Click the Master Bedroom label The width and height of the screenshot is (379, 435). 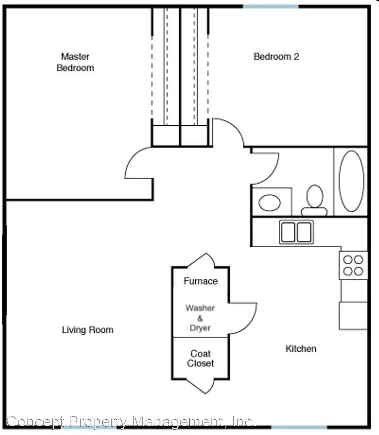coord(75,62)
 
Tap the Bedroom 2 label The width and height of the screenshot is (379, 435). coord(276,57)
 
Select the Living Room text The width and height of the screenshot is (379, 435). coord(88,330)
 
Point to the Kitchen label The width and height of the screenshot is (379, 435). coord(301,348)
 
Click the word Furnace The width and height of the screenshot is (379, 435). coord(201,281)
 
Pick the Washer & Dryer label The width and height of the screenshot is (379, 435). coord(200,318)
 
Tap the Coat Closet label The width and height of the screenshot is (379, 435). coord(201,358)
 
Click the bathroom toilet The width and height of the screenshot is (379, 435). coord(314,200)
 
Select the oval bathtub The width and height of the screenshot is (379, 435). coord(351,181)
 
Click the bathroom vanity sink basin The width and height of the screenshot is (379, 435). coord(269,203)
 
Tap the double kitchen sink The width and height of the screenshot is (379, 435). coord(296,232)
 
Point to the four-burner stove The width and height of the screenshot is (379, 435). coord(353,265)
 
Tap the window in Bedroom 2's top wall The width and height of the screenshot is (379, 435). coord(271,6)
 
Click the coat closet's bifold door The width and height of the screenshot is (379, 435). coord(205,387)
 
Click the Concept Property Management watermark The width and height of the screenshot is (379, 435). coord(130,421)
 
